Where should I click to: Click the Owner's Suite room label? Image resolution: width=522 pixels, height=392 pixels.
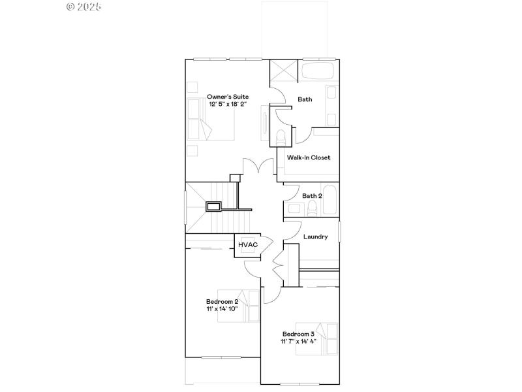(228, 96)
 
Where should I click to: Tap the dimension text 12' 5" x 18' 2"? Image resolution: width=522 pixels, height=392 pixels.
(228, 104)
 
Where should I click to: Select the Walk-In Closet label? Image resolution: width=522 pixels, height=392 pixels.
(309, 157)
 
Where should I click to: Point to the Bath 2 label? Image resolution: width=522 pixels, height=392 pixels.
(312, 196)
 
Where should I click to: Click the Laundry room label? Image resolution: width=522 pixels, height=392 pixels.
(315, 237)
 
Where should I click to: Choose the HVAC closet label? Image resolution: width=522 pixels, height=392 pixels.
(248, 244)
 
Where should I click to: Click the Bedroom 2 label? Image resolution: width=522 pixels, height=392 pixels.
(222, 301)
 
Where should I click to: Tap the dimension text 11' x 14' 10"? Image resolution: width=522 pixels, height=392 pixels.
(222, 309)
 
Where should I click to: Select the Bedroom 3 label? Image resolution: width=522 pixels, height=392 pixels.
(298, 334)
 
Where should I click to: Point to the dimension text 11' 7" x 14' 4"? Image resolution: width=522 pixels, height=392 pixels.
(298, 342)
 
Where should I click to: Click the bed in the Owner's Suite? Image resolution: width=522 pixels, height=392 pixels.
(210, 120)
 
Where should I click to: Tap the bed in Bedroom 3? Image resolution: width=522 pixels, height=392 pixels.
(317, 338)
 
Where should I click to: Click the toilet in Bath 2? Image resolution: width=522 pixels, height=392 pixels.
(312, 208)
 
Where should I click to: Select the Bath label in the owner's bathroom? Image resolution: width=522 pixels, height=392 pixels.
(305, 100)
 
